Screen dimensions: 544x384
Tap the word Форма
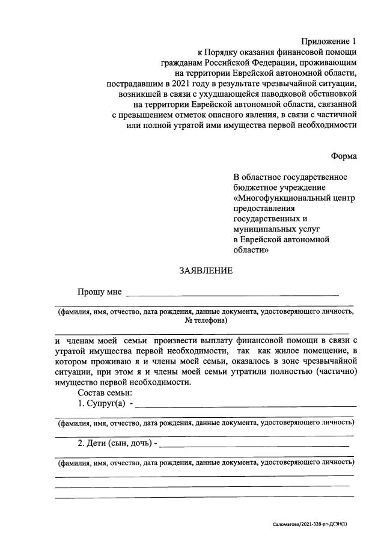coord(343,156)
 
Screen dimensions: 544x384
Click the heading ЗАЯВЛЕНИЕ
coord(205,270)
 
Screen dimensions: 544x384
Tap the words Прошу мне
coord(99,292)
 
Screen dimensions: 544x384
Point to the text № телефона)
coord(206,321)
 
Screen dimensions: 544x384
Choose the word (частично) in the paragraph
coord(338,371)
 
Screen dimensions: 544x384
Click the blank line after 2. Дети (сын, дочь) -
coord(255,447)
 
